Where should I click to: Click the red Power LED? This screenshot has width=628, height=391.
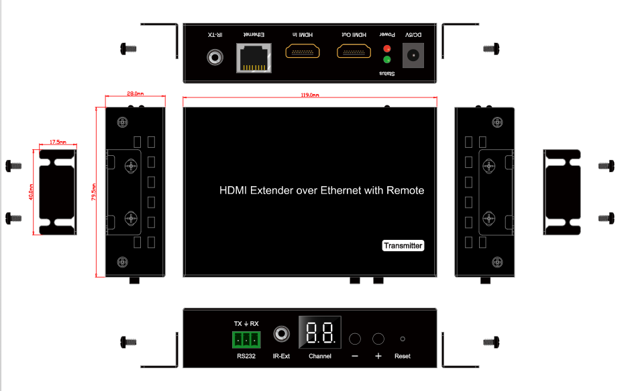[387, 48]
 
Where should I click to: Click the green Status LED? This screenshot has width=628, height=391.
[387, 60]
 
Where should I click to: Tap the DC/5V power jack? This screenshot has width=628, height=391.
[413, 55]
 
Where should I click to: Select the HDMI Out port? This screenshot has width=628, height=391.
[354, 51]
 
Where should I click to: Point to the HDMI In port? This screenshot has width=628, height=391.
[303, 51]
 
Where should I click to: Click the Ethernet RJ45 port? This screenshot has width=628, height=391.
[254, 58]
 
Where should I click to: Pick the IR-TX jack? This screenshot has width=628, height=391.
[215, 57]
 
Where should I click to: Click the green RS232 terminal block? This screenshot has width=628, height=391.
[246, 340]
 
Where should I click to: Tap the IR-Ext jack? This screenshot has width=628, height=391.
[282, 334]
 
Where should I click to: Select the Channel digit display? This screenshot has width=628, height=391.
[320, 332]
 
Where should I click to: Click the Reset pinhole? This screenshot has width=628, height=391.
[403, 339]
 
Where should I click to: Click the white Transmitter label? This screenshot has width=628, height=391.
[403, 245]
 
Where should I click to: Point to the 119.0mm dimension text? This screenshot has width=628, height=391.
[310, 95]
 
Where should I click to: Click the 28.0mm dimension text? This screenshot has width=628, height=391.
[136, 93]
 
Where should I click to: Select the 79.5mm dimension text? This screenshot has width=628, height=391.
[94, 192]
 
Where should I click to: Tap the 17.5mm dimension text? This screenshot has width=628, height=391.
[58, 142]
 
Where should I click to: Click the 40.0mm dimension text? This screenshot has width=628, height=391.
[32, 192]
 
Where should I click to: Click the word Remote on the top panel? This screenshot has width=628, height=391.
[405, 190]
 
